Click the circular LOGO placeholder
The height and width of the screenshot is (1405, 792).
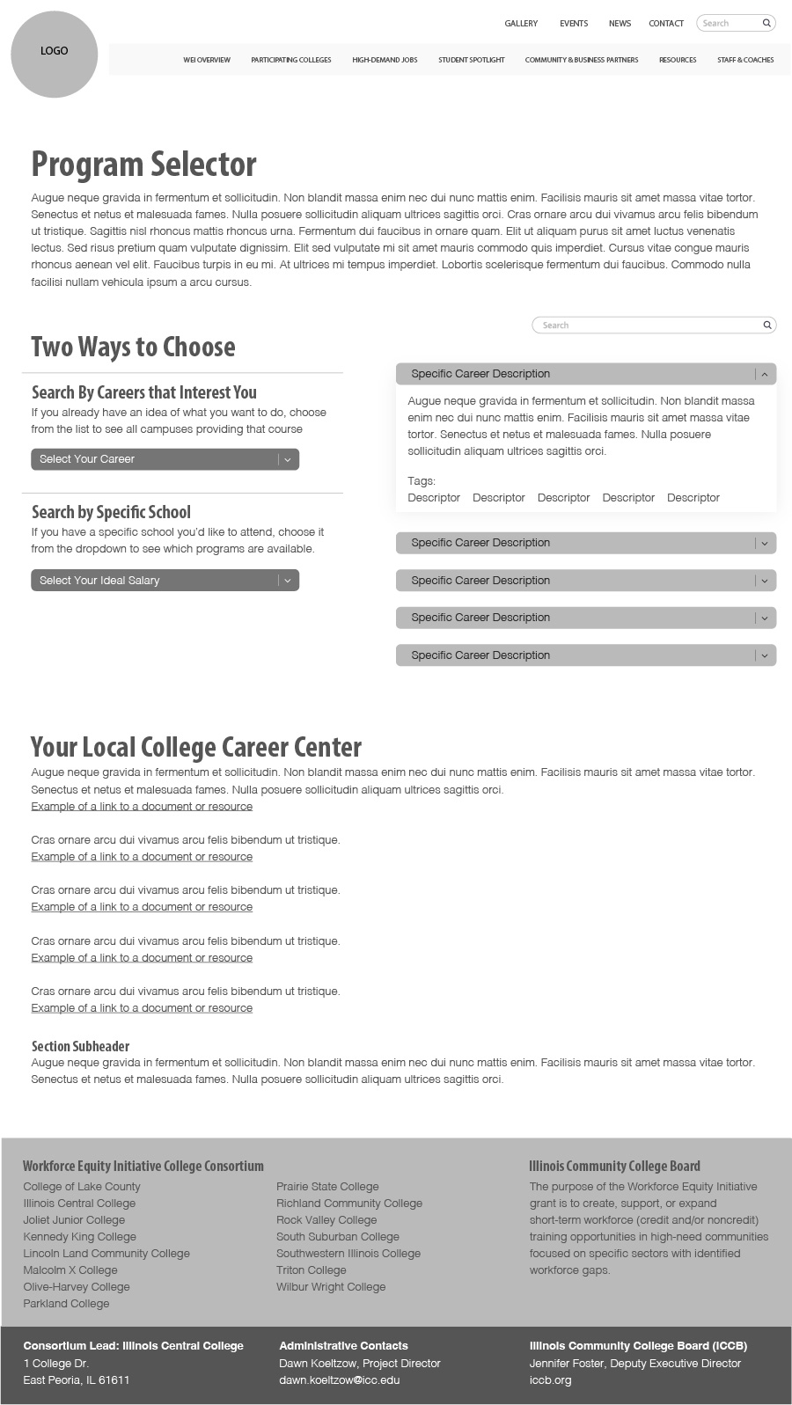pyautogui.click(x=54, y=54)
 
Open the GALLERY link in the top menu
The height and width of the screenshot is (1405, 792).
pyautogui.click(x=521, y=24)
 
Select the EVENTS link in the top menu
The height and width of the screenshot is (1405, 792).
pyautogui.click(x=574, y=24)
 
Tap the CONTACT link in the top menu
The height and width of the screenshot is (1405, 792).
pyautogui.click(x=666, y=24)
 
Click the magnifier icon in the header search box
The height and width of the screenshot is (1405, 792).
pyautogui.click(x=766, y=23)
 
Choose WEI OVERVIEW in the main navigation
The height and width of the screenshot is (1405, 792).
pyautogui.click(x=207, y=60)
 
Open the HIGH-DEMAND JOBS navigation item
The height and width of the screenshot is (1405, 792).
pyautogui.click(x=385, y=60)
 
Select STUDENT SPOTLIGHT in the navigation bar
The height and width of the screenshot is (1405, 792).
pyautogui.click(x=472, y=60)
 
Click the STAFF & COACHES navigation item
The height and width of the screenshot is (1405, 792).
pyautogui.click(x=745, y=60)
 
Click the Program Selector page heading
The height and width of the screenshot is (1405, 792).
pyautogui.click(x=143, y=165)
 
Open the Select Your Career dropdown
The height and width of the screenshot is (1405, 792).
pyautogui.click(x=165, y=459)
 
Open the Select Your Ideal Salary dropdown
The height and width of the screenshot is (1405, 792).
pyautogui.click(x=165, y=581)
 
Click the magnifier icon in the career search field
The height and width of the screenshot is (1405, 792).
pyautogui.click(x=767, y=326)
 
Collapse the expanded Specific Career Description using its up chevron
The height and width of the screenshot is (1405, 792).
pyautogui.click(x=764, y=374)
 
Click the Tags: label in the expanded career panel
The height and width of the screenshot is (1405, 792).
pyautogui.click(x=422, y=481)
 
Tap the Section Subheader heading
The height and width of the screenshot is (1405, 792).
pyautogui.click(x=80, y=1046)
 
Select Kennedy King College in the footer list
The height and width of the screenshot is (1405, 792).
pyautogui.click(x=79, y=1237)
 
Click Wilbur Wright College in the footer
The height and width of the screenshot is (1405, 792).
pyautogui.click(x=331, y=1287)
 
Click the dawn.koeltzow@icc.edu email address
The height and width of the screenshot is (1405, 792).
pyautogui.click(x=339, y=1380)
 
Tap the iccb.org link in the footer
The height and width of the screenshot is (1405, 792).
pyautogui.click(x=550, y=1380)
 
